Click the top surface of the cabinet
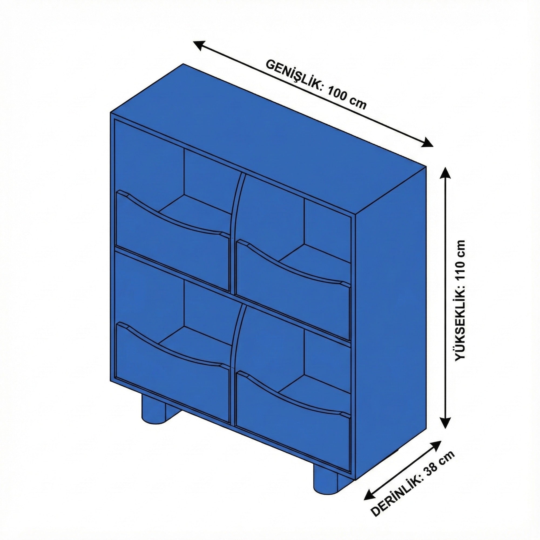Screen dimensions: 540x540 [268, 140]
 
